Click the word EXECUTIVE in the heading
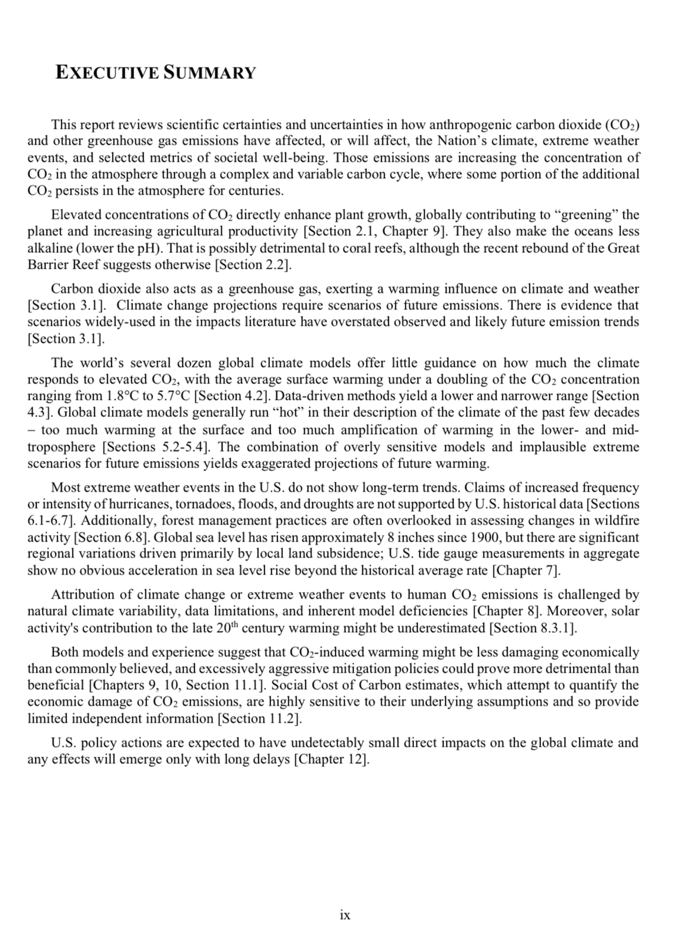tap(107, 73)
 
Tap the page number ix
tap(345, 915)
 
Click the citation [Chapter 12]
tap(332, 759)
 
